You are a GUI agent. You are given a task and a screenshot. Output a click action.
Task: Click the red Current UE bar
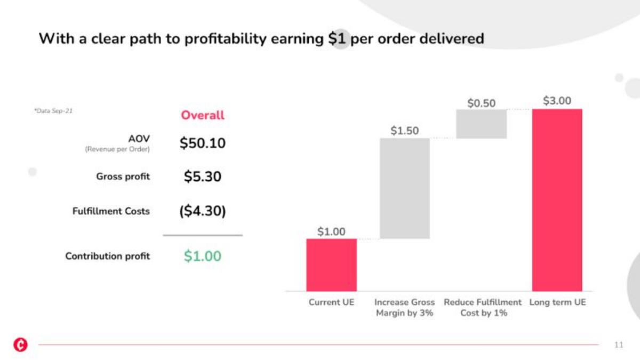tap(331, 265)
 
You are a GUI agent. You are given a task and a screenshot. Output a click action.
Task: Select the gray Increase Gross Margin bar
tap(405, 188)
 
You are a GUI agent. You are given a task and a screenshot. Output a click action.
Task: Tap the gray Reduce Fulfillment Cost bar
tap(482, 124)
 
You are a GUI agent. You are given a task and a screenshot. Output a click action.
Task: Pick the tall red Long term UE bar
tap(557, 200)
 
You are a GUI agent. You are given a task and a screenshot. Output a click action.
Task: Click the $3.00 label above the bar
tap(557, 101)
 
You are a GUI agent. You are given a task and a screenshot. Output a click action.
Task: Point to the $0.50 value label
tap(481, 103)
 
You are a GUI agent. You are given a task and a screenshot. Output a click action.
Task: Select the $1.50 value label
tap(405, 131)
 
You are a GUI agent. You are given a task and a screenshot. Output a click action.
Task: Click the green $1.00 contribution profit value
tap(202, 255)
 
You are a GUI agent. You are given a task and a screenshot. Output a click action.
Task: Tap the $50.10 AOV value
tap(202, 143)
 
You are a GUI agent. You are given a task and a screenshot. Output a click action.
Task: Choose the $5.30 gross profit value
tap(202, 177)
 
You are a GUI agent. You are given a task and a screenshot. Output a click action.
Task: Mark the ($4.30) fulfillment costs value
tap(202, 211)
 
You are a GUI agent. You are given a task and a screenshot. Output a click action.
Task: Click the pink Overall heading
tap(203, 115)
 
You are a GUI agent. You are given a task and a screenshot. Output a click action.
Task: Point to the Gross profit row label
tap(123, 177)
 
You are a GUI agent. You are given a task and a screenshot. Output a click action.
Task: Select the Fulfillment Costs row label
tap(111, 211)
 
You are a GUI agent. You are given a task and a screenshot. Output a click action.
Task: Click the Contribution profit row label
tap(107, 256)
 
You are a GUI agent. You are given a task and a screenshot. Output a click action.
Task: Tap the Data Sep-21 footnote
tap(53, 111)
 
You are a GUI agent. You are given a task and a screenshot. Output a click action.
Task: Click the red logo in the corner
tap(21, 345)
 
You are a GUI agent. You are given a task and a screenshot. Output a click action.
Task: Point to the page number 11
tap(619, 345)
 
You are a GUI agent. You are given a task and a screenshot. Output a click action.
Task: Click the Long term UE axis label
tap(557, 302)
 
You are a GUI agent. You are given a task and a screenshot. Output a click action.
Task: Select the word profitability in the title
tap(226, 39)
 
